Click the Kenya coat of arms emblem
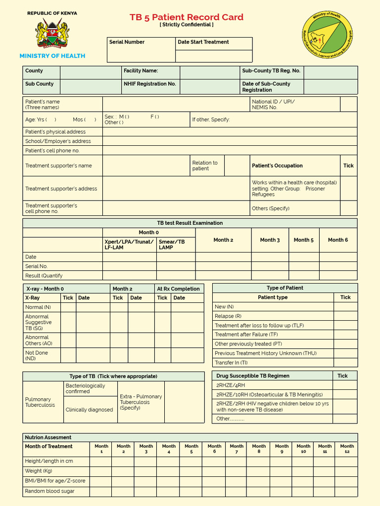click(x=52, y=33)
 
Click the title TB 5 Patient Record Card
click(x=187, y=17)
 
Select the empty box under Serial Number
click(x=141, y=56)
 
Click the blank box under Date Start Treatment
click(x=214, y=56)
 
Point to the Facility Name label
click(x=141, y=71)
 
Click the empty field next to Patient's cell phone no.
click(x=230, y=151)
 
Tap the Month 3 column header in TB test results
click(x=270, y=240)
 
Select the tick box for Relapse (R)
click(x=345, y=316)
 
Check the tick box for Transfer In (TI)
click(x=345, y=363)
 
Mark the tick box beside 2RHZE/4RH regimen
click(x=345, y=385)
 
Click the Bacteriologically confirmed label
click(x=86, y=388)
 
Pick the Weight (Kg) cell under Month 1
click(x=100, y=471)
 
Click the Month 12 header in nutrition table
click(x=347, y=449)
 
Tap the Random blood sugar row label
click(x=50, y=491)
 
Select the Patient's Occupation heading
click(x=277, y=166)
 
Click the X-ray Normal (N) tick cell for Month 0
click(x=68, y=307)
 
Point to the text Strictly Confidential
click(x=187, y=25)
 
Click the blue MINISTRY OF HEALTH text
click(x=52, y=56)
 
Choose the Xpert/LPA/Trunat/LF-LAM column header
click(x=129, y=245)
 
